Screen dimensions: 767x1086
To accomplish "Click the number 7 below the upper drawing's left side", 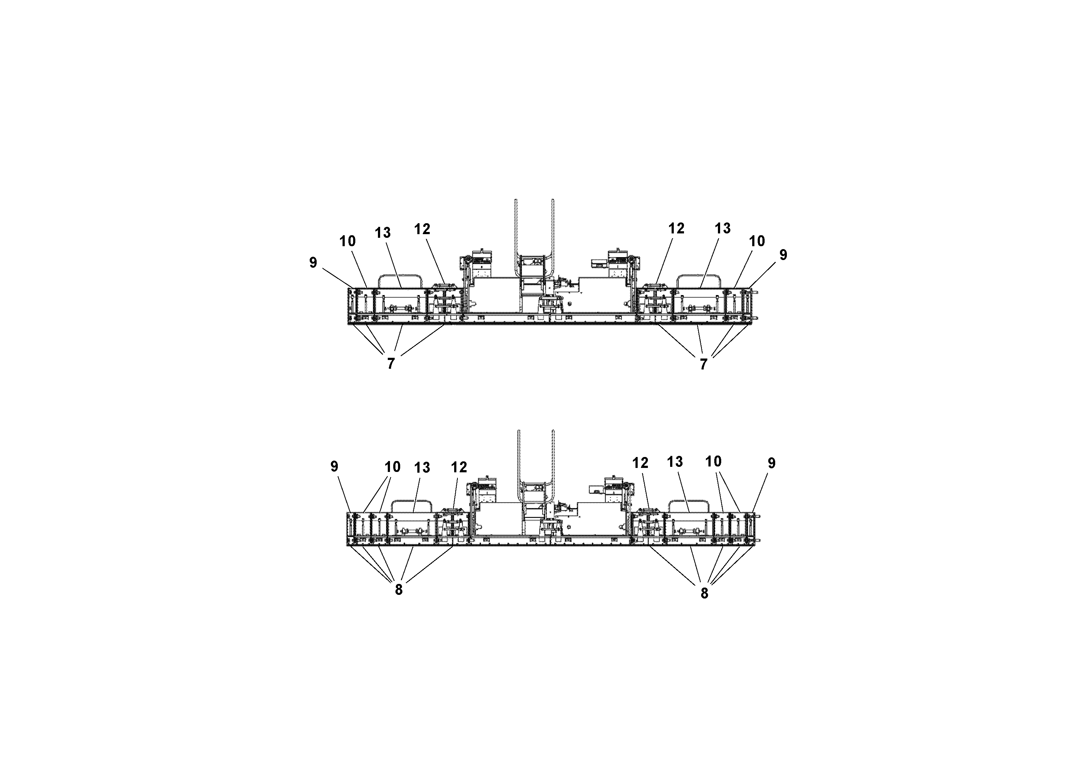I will point(391,363).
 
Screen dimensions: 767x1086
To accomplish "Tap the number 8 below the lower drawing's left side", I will point(399,590).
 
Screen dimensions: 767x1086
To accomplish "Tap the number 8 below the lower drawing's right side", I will point(704,593).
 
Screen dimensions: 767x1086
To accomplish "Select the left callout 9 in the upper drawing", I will point(313,263).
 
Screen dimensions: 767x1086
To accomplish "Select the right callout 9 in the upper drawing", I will point(783,255).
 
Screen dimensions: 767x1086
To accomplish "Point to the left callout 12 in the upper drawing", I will point(422,229).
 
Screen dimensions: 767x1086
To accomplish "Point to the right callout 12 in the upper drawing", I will point(676,228).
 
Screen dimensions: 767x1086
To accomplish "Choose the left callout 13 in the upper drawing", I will point(383,233).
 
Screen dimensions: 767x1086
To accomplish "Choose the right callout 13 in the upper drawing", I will point(723,228).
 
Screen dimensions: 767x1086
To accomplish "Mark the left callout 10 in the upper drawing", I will point(348,241).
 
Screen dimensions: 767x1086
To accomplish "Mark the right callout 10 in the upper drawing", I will point(757,241).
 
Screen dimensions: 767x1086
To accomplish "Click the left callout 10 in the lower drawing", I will point(393,467).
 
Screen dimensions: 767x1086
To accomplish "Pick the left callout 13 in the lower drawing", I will point(422,468).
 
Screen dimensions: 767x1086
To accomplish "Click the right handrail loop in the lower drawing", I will point(689,502).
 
